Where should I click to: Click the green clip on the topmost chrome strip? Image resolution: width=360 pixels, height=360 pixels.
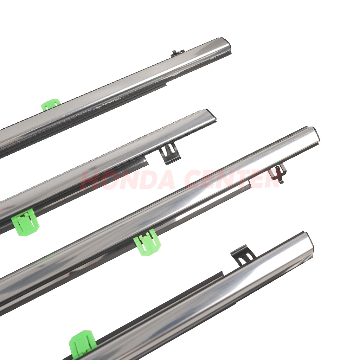pos(51,104)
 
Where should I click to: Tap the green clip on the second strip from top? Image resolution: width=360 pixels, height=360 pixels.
pos(25,222)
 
